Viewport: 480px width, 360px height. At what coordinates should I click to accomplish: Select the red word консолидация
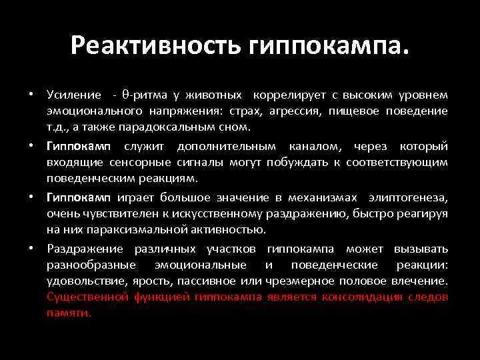point(362,297)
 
